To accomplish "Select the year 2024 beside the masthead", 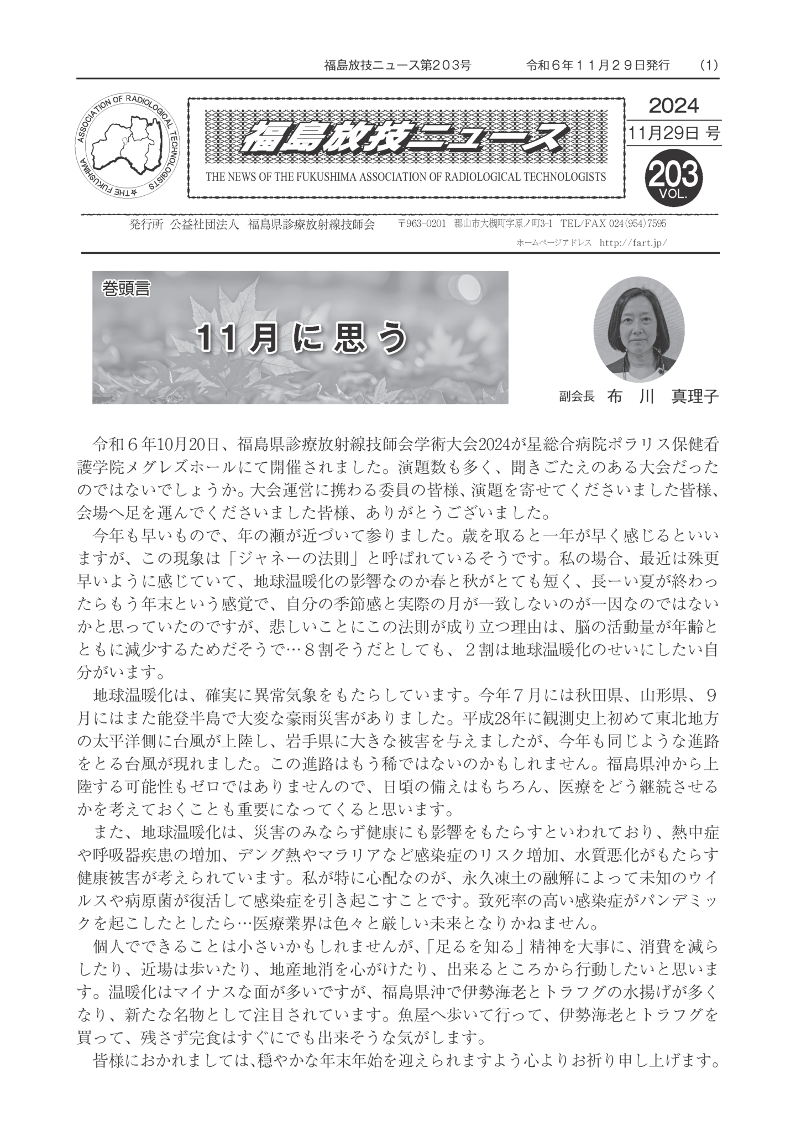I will (x=673, y=105).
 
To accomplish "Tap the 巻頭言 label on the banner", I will (x=126, y=289).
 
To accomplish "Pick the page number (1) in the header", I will (x=709, y=65).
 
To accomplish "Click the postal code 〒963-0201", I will (x=422, y=224).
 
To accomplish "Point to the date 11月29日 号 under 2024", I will (x=674, y=133).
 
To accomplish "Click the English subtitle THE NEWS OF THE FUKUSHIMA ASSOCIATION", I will (x=405, y=177).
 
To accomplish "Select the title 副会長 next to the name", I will (x=576, y=397).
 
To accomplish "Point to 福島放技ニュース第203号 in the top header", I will (x=397, y=65).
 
